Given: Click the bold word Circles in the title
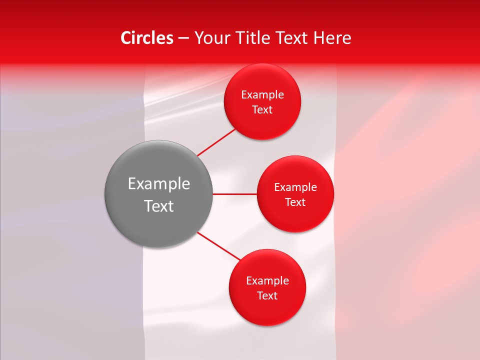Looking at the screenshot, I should (146, 38).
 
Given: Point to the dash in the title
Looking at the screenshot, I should (183, 38).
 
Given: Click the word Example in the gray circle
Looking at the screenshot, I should (159, 184).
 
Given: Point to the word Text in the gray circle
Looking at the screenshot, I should (159, 206).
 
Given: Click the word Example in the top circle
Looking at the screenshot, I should (262, 95).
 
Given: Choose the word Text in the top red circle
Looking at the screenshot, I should (262, 110).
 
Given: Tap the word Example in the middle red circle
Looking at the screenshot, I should (295, 187).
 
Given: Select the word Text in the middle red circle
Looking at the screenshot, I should (295, 202).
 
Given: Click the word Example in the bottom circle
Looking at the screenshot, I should (267, 281).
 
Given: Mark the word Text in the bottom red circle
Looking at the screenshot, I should (267, 296).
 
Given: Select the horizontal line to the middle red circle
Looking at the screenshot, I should (235, 194).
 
